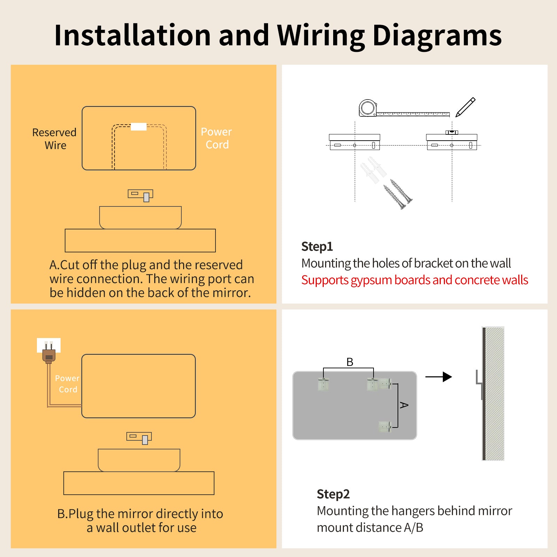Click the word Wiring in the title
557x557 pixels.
click(x=320, y=36)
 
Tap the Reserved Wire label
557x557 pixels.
click(x=54, y=139)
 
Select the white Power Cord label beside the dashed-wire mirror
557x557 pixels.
click(x=216, y=138)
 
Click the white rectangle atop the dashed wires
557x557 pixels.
click(x=139, y=127)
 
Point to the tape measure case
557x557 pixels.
click(x=368, y=108)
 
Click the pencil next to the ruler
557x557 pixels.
click(x=465, y=107)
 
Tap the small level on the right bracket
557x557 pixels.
click(x=452, y=132)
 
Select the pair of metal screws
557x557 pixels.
click(x=398, y=194)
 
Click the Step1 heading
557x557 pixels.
click(x=317, y=246)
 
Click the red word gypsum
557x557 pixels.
click(x=371, y=280)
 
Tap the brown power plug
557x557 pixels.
click(x=49, y=356)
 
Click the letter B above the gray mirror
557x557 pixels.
click(x=350, y=362)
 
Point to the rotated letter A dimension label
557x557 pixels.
click(x=404, y=405)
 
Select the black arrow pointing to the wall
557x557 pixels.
click(x=439, y=377)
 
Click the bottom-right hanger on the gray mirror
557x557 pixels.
click(x=385, y=426)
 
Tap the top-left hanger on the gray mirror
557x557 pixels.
click(x=323, y=384)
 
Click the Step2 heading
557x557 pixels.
click(x=333, y=494)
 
